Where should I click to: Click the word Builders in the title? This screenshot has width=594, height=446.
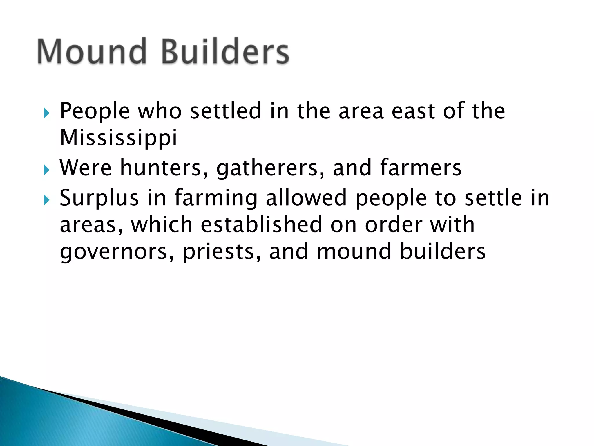(225, 51)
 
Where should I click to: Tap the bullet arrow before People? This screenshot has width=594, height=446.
(47, 113)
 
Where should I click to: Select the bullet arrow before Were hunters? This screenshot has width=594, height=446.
(47, 170)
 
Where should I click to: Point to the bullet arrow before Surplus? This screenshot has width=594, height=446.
(47, 200)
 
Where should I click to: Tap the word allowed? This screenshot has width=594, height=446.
(306, 198)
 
